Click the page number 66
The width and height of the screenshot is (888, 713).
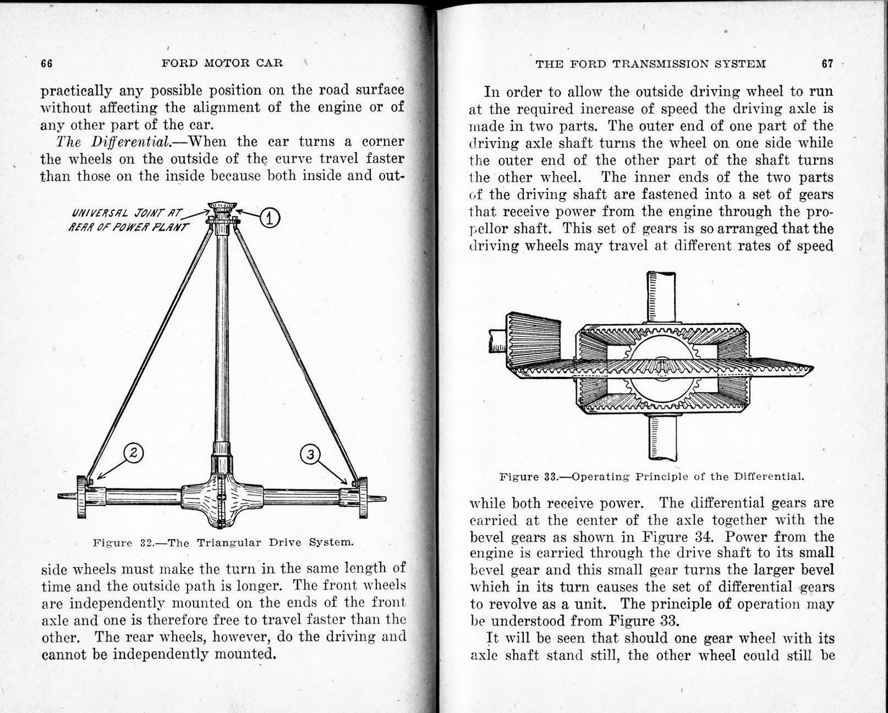tap(47, 63)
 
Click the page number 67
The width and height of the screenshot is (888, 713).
tap(827, 63)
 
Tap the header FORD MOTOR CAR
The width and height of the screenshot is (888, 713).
tap(222, 63)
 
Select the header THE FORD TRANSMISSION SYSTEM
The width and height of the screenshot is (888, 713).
tap(650, 64)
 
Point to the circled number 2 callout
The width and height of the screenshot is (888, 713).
tap(133, 453)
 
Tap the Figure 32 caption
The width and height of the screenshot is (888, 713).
tap(223, 542)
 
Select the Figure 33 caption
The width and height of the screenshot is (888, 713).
tap(652, 476)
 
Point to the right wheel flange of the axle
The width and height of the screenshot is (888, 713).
tap(362, 497)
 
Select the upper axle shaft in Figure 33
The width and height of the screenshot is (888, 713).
tap(660, 297)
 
